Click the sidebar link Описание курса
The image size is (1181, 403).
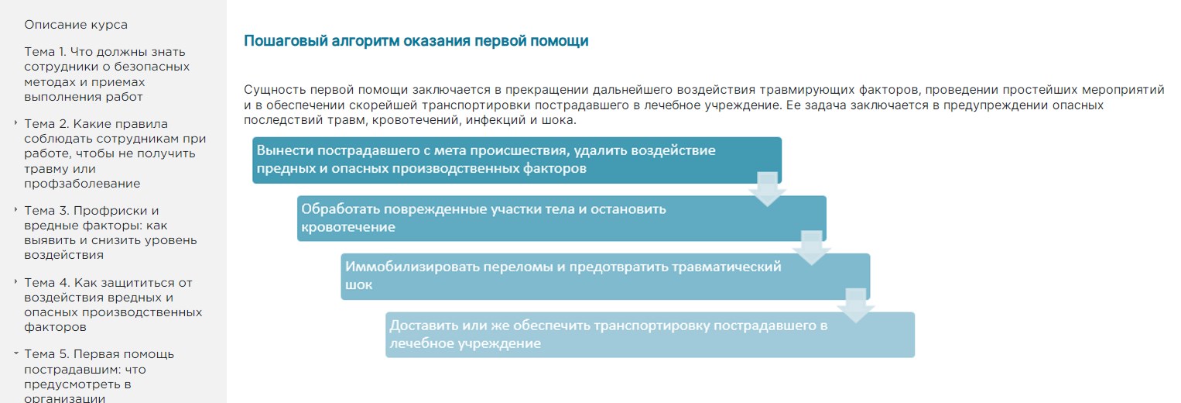[x=76, y=25]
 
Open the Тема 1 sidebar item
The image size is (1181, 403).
[x=107, y=74]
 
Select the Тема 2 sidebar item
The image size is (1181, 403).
[x=115, y=153]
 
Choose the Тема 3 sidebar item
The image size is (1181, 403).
[x=110, y=233]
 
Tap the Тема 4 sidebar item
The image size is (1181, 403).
[x=113, y=305]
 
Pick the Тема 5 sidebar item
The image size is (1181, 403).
[x=99, y=376]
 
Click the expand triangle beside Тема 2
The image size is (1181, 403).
[x=15, y=122]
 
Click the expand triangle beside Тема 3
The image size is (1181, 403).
[x=15, y=209]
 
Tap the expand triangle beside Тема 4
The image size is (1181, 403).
[x=15, y=281]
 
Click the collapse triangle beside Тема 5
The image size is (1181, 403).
[x=15, y=353]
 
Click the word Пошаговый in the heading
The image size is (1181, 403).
[x=286, y=41]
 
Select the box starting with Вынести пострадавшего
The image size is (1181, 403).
[x=517, y=160]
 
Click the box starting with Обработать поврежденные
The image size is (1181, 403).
[x=562, y=218]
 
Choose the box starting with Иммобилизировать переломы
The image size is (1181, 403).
[x=605, y=276]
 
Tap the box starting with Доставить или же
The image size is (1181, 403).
[x=650, y=335]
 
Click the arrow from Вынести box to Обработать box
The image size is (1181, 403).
[x=767, y=189]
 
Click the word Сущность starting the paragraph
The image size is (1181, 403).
[x=275, y=91]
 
